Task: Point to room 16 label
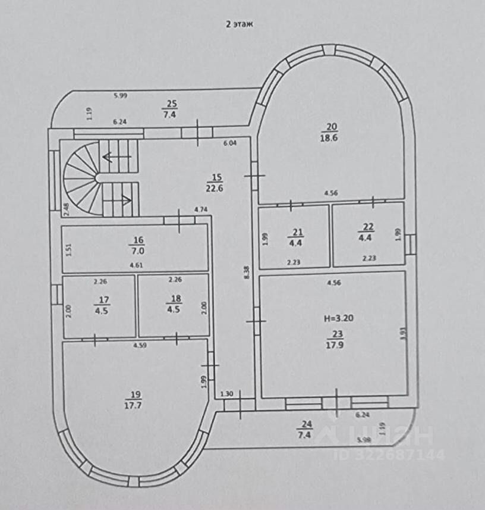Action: click(138, 240)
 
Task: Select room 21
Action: click(295, 237)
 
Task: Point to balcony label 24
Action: click(306, 424)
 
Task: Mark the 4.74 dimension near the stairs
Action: click(201, 209)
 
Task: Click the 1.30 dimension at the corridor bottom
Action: click(226, 393)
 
